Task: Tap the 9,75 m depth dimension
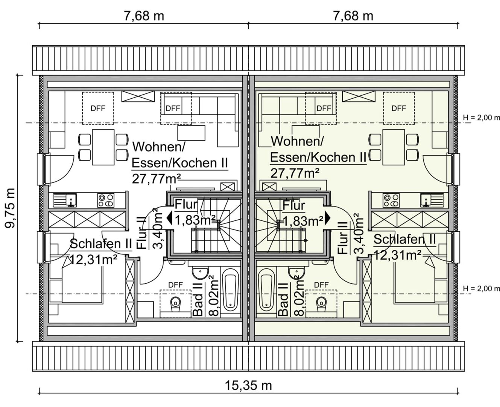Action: click(x=11, y=208)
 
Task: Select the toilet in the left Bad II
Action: click(x=175, y=304)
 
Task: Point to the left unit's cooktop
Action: click(x=106, y=200)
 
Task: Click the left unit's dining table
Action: click(x=103, y=147)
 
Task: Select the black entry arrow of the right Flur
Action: click(x=327, y=217)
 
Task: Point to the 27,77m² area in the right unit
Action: click(x=295, y=173)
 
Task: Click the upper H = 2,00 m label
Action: click(x=481, y=118)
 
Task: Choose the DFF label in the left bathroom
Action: click(x=175, y=285)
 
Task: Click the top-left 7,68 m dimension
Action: click(x=144, y=16)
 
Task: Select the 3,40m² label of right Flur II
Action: click(x=359, y=234)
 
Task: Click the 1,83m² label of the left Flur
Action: click(x=195, y=220)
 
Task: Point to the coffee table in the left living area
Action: click(x=191, y=133)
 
